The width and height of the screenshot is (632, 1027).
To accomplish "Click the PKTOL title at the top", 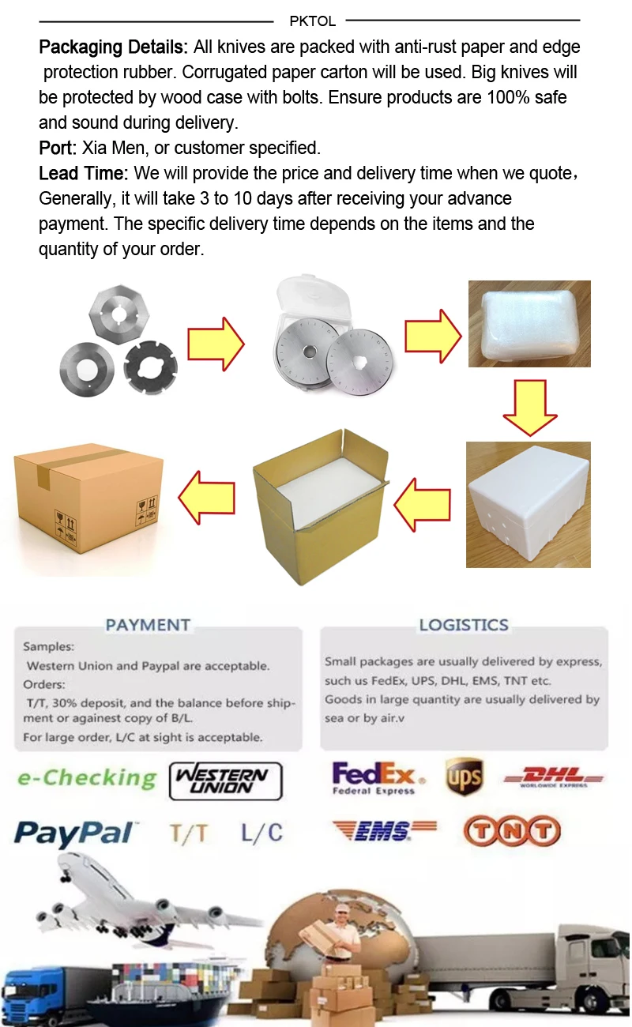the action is (x=312, y=21).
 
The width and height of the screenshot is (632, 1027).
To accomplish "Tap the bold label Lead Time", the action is (x=84, y=173).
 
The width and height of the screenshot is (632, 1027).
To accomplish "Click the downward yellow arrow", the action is (x=530, y=405).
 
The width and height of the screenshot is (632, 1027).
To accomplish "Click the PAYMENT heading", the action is (x=148, y=625).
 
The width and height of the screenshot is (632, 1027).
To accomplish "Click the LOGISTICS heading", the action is (x=464, y=625).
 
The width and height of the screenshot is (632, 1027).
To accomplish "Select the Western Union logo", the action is (x=226, y=781).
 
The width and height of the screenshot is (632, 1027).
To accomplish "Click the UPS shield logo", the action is (x=464, y=777).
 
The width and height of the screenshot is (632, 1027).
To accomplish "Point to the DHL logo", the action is (x=553, y=777).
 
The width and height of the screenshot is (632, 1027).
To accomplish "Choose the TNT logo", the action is (x=511, y=831).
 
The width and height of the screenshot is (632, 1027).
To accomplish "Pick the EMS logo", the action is (x=384, y=831).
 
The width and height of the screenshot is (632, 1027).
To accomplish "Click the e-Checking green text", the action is (x=87, y=778).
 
